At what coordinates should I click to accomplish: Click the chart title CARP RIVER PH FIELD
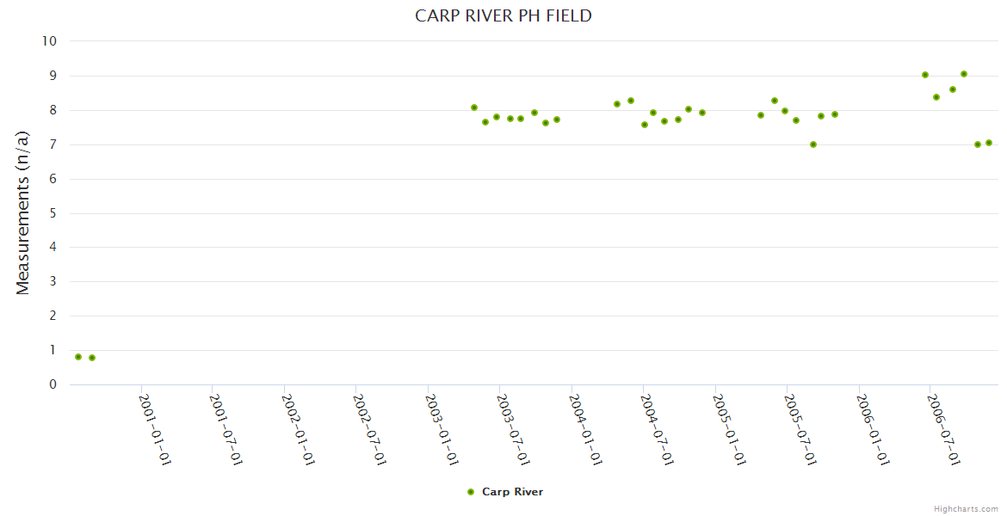coord(504,15)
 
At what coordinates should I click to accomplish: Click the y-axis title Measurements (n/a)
coord(23,212)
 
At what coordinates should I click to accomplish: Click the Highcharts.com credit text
coord(966,508)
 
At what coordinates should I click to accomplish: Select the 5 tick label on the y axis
coord(53,213)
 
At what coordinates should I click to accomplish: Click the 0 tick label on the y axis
coord(53,384)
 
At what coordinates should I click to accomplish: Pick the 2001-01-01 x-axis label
coord(156,429)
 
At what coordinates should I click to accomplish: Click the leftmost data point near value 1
coord(78,356)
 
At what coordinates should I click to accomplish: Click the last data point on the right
coord(989,143)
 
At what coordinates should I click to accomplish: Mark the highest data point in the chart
coord(964,74)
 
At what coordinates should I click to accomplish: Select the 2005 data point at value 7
coord(813,144)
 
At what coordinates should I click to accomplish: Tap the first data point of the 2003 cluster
coord(474,107)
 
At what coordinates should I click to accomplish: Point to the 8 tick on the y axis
coord(53,110)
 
